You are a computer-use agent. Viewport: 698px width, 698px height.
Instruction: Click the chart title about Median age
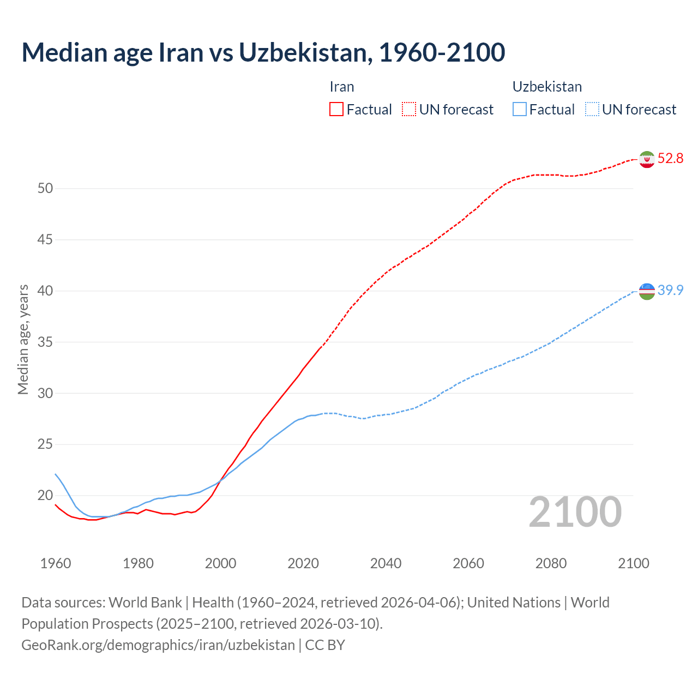pos(263,52)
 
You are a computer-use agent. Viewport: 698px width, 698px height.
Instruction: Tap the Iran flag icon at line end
pos(647,159)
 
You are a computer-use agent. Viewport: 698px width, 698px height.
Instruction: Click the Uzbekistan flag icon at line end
pos(647,291)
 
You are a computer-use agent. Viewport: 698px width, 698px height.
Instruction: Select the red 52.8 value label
pos(670,159)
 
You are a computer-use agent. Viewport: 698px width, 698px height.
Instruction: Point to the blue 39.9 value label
pos(670,291)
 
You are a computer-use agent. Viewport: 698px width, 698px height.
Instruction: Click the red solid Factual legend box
pos(336,110)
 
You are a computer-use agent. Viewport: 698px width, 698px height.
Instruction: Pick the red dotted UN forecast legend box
pos(409,110)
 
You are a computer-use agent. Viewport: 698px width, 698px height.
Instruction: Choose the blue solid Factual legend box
pos(520,110)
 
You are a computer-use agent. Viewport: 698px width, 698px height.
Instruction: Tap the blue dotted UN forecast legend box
pos(592,110)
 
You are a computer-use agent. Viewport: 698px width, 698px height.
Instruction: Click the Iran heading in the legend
pos(342,87)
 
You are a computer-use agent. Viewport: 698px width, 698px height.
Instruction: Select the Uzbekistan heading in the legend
pos(547,87)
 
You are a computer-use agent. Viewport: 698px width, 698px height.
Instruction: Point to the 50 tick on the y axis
pos(45,189)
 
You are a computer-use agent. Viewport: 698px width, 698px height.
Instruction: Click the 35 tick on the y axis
pos(45,342)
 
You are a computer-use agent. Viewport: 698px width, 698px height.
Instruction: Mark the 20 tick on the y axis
pos(45,496)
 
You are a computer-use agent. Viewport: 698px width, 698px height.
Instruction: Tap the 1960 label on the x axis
pos(56,563)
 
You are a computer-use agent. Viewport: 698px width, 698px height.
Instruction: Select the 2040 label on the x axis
pos(386,563)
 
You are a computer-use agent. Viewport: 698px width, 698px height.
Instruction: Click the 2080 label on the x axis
pos(551,563)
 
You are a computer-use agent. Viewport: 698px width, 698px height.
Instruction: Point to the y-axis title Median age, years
pos(23,339)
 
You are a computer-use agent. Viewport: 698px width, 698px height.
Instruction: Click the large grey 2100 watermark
pos(575,512)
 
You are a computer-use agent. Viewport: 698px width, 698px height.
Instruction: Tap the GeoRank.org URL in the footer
pos(158,645)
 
